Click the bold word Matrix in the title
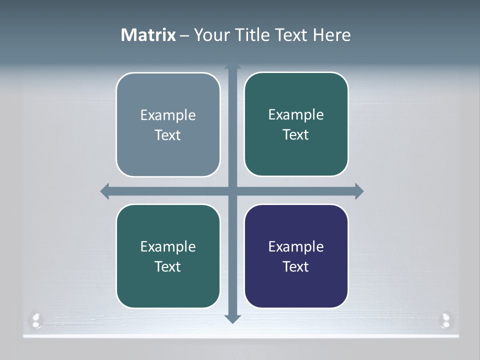coord(148,35)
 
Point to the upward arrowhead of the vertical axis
coord(232,65)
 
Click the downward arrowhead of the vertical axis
coord(232,318)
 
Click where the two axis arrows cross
coord(232,191)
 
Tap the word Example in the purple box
coord(296,246)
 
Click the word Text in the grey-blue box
coord(167,135)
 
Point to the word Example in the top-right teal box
coord(296,114)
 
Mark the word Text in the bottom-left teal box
coord(167,266)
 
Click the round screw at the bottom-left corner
coord(36,319)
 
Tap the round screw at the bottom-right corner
coord(445,319)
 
